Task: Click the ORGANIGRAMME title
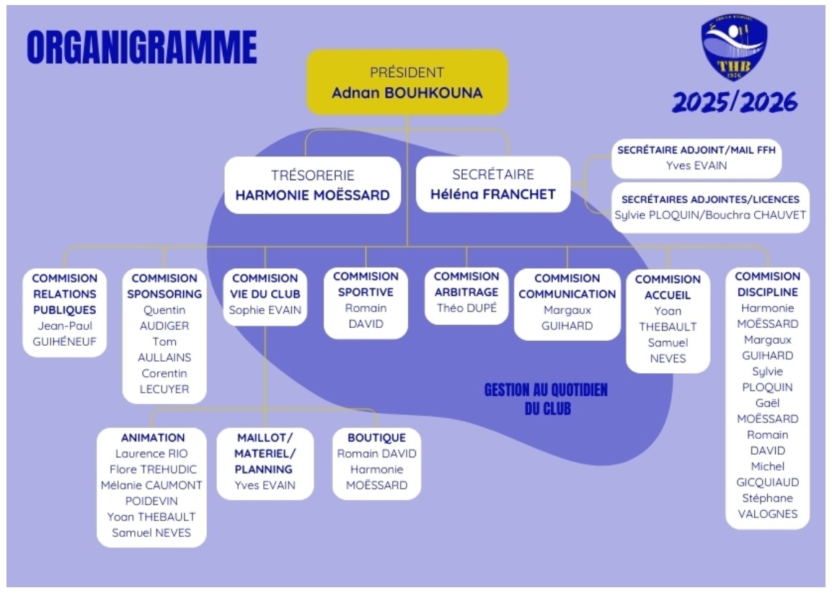point(141,48)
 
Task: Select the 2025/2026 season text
point(735,103)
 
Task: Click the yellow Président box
point(407,82)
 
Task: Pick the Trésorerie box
point(312,184)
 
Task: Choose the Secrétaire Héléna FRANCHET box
point(493,184)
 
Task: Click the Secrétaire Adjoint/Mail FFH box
point(696,158)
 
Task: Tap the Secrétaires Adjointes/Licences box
point(710,208)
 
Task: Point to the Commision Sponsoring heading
point(164,286)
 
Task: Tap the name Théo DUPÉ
point(466,308)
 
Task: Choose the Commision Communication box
point(567,303)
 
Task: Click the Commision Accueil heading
point(668,287)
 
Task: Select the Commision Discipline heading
point(766,284)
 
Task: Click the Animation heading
point(152,437)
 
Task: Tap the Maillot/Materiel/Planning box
point(265,462)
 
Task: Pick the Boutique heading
point(376,437)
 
